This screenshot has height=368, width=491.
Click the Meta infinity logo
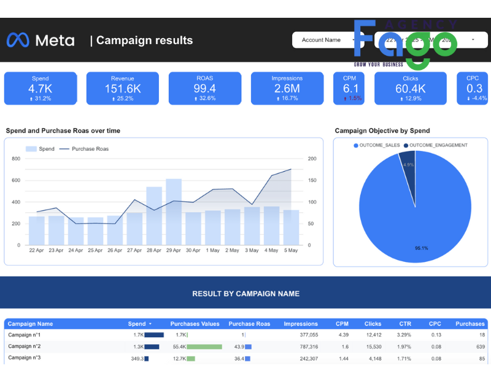(x=18, y=40)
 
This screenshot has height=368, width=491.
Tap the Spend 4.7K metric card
(x=41, y=88)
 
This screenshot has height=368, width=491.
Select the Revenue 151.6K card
(x=123, y=88)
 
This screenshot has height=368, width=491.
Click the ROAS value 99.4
(x=205, y=89)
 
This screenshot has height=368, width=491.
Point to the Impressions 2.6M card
(x=287, y=88)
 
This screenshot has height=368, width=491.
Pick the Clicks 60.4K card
(x=411, y=88)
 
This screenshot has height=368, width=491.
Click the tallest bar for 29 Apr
(x=174, y=212)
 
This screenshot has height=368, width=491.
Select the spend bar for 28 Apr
(x=154, y=215)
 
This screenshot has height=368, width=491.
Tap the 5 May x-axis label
(x=291, y=250)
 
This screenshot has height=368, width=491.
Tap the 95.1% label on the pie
(x=422, y=248)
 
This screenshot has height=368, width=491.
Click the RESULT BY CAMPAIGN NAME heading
(x=245, y=294)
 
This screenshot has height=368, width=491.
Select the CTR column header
(x=406, y=324)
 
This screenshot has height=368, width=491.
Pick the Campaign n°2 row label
(x=25, y=347)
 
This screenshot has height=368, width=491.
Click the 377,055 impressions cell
(x=304, y=335)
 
